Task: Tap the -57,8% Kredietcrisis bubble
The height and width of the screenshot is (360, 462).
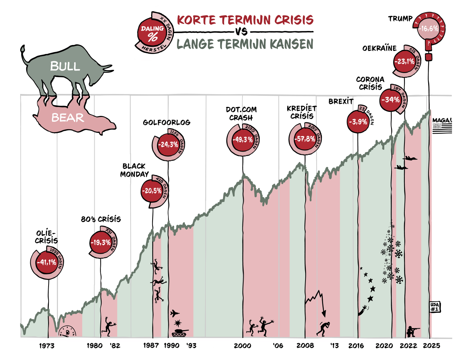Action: point(304,139)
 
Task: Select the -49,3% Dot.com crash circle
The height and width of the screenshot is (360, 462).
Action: point(242,140)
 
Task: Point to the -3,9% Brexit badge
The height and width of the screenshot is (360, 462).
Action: point(358,122)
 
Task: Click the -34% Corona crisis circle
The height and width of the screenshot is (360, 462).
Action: point(390,100)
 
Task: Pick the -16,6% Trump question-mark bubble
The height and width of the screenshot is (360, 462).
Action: point(428,28)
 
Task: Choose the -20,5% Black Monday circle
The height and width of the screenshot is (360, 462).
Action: point(152,191)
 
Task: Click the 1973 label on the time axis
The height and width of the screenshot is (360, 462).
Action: point(47,346)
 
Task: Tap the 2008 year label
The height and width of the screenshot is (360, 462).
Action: point(305,346)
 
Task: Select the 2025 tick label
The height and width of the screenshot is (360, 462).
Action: point(431,346)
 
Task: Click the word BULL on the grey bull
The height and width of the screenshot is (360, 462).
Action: point(65,66)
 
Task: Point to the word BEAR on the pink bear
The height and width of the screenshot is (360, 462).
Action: point(67,118)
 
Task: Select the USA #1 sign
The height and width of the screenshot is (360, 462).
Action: point(435,307)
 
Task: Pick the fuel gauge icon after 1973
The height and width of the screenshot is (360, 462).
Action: point(67,332)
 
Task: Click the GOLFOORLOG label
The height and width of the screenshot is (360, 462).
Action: point(167,122)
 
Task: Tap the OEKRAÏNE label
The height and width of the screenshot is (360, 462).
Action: point(379,48)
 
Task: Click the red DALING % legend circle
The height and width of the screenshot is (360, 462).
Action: point(152,33)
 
